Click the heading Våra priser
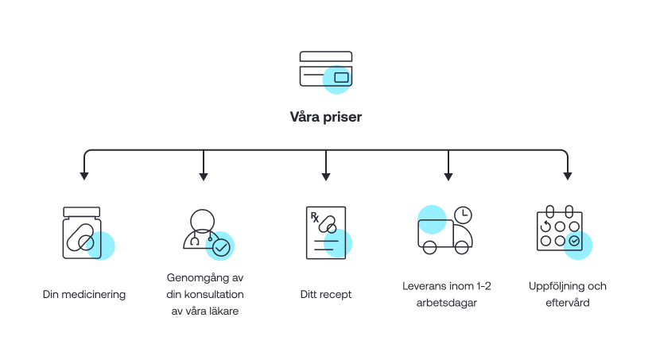(x=325, y=116)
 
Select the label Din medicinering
(x=84, y=294)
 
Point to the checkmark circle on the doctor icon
(x=219, y=248)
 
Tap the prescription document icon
(x=326, y=233)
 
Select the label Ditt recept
(x=326, y=294)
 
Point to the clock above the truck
(x=462, y=214)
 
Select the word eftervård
(x=568, y=303)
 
